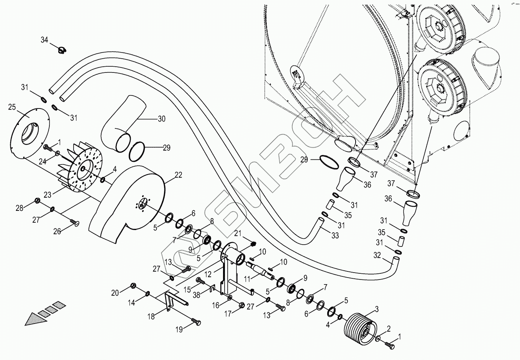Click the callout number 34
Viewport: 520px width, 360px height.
pos(45,39)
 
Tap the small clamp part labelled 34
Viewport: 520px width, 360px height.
pos(61,49)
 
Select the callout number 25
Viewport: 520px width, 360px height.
pos(12,107)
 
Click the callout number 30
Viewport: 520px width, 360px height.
pos(161,119)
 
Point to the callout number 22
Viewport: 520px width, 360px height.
pos(178,175)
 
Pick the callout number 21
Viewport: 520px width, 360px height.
pos(238,233)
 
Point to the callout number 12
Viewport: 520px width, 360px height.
pos(208,275)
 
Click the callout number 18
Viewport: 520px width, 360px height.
pos(151,316)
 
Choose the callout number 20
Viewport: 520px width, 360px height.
pos(115,293)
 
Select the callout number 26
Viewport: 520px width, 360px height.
pos(57,231)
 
